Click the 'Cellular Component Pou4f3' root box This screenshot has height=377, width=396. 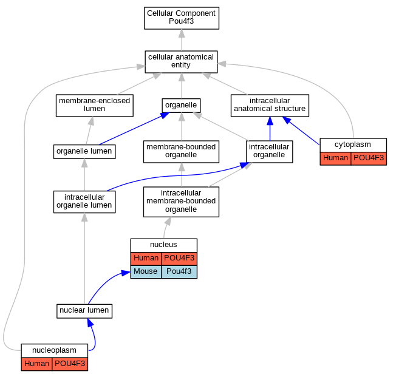(182, 18)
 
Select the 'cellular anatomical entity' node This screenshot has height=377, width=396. (181, 61)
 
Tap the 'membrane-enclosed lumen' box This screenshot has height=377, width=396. (95, 105)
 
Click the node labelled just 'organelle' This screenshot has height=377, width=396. (181, 105)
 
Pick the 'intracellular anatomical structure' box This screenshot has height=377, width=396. (270, 105)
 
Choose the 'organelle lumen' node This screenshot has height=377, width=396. (84, 152)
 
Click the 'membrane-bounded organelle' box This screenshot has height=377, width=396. (181, 152)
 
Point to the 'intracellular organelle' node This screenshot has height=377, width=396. (270, 152)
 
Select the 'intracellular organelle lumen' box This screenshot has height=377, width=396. (84, 202)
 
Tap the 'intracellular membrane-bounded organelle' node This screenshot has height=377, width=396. (181, 202)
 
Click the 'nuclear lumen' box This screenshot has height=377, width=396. (84, 311)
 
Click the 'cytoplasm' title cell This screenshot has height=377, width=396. (353, 145)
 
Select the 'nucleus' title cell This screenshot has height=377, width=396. (163, 245)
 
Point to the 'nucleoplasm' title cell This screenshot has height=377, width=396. (54, 350)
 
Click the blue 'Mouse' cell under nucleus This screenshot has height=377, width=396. (146, 272)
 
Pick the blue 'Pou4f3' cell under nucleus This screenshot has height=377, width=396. (179, 272)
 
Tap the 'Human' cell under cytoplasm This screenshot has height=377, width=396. (335, 158)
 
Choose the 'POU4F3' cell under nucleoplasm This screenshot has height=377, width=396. (70, 364)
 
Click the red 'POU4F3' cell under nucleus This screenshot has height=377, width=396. (179, 259)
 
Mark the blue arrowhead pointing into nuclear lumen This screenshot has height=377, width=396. (90, 322)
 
